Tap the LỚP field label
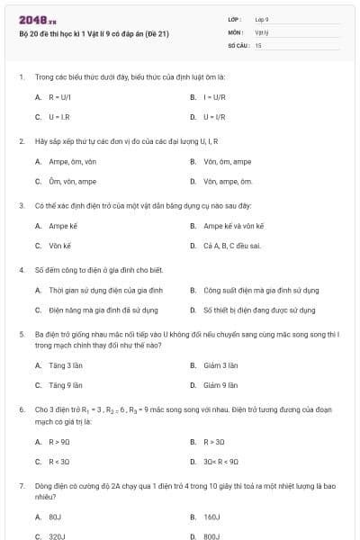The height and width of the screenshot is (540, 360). click(x=236, y=19)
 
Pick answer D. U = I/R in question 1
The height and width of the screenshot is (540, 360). click(x=211, y=117)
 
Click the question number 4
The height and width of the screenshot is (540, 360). click(x=21, y=269)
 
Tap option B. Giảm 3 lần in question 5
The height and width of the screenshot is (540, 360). click(x=219, y=365)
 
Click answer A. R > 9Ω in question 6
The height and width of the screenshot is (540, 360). click(x=53, y=442)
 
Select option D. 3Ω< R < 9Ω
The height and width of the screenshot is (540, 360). click(x=220, y=462)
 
